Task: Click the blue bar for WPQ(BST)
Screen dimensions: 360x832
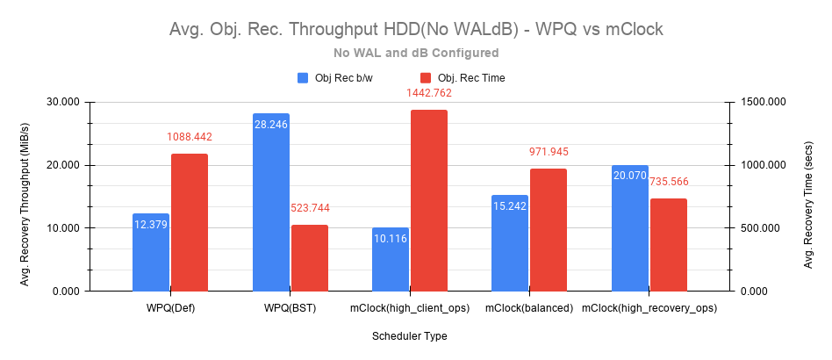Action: point(270,202)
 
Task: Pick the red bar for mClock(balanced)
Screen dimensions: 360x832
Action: point(549,230)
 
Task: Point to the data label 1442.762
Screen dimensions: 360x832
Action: point(428,93)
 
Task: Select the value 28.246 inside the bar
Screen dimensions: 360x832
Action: point(270,125)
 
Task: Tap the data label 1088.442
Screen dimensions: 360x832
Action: point(190,137)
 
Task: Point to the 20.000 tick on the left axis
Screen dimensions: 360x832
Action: point(61,165)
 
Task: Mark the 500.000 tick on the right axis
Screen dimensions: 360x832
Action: point(758,228)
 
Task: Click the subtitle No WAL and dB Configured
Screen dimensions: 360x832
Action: point(416,53)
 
